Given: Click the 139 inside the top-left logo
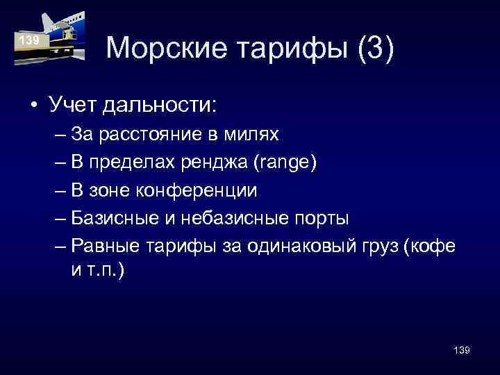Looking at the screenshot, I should click(x=29, y=41).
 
